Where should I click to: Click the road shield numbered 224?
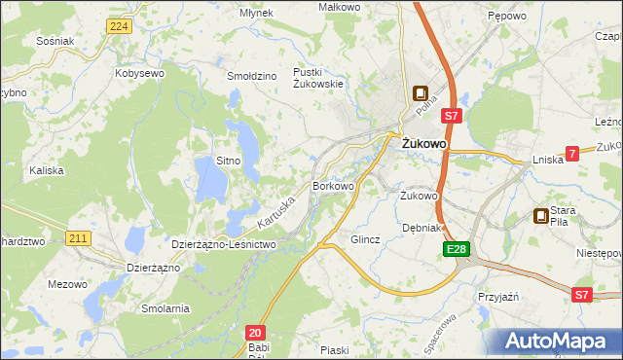coord(119,26)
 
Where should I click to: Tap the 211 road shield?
coord(79,237)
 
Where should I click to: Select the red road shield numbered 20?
coord(254,332)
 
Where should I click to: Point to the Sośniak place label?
coord(55,41)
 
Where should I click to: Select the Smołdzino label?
coord(252,74)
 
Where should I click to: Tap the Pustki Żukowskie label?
coord(320,78)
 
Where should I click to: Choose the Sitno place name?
coord(228,160)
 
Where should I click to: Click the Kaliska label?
coord(46,169)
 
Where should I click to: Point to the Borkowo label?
coord(332,185)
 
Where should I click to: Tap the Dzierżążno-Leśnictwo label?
coord(225,244)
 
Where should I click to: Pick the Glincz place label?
coord(365,238)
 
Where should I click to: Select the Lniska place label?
coord(549,160)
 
